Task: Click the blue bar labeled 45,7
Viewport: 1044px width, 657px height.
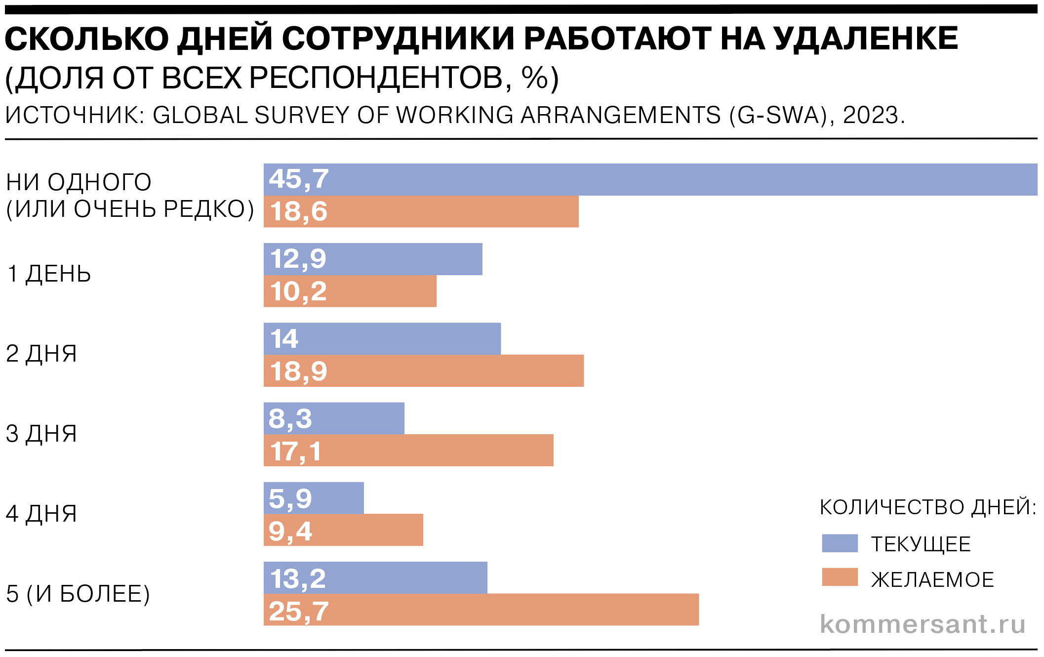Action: coord(650,179)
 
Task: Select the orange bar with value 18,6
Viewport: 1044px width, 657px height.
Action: coord(421,211)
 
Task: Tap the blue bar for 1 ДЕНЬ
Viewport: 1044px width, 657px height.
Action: coord(373,259)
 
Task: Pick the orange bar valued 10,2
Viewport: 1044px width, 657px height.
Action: coord(350,291)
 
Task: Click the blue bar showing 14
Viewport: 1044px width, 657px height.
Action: coord(382,339)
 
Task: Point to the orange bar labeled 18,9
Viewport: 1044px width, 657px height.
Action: coord(424,370)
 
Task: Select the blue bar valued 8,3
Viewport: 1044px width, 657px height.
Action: coord(334,418)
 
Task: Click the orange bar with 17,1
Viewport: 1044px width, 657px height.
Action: coord(408,450)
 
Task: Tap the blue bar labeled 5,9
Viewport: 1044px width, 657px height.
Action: coord(314,498)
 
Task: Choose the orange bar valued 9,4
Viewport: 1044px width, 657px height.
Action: coord(343,530)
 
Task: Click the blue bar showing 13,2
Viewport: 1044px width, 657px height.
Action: coord(375,577)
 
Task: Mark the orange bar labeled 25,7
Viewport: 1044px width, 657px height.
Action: coord(481,610)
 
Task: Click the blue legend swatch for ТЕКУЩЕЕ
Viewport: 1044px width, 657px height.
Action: coord(840,543)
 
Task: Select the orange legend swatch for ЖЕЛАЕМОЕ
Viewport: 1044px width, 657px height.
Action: coord(840,577)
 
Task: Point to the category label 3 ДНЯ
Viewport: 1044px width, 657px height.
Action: coord(41,434)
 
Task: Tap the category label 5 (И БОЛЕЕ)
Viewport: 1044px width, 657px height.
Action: coord(78,594)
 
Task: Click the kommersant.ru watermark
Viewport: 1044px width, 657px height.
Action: coord(923,624)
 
